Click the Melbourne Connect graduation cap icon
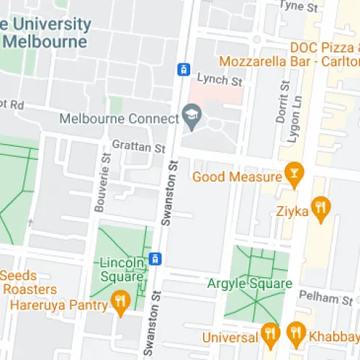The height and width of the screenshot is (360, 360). tap(192, 114)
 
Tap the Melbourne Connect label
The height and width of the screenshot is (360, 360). tap(119, 117)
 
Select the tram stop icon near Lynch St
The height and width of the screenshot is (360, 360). tap(184, 69)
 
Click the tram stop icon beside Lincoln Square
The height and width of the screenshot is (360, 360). tap(153, 258)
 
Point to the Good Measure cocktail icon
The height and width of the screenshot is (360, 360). tap(293, 173)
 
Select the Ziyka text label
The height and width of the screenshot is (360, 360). tap(292, 212)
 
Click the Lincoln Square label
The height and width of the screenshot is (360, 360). tap(122, 269)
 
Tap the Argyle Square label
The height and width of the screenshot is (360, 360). tap(249, 284)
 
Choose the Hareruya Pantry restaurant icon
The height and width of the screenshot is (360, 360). tap(120, 301)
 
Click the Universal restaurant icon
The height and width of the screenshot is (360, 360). tap(270, 333)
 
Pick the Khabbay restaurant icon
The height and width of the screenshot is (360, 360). tap(294, 333)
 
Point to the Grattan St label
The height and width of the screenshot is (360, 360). tap(139, 148)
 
